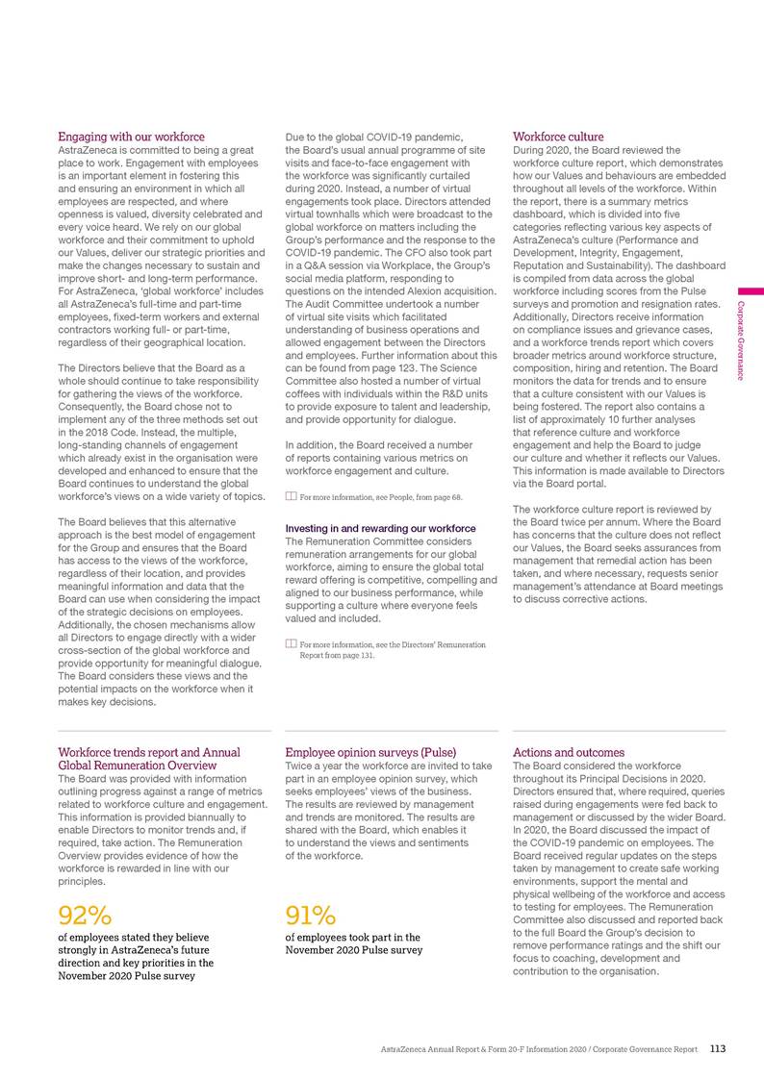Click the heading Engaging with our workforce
132,137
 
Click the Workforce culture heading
559,137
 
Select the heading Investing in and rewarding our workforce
380,529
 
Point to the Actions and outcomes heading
569,752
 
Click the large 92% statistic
85,913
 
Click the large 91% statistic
310,913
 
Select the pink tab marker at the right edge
751,290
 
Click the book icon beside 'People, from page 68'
292,497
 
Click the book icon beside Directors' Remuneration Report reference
292,644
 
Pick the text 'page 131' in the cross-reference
357,656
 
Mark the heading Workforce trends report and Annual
149,752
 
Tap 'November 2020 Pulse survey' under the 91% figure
354,950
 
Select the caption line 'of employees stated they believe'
135,937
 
